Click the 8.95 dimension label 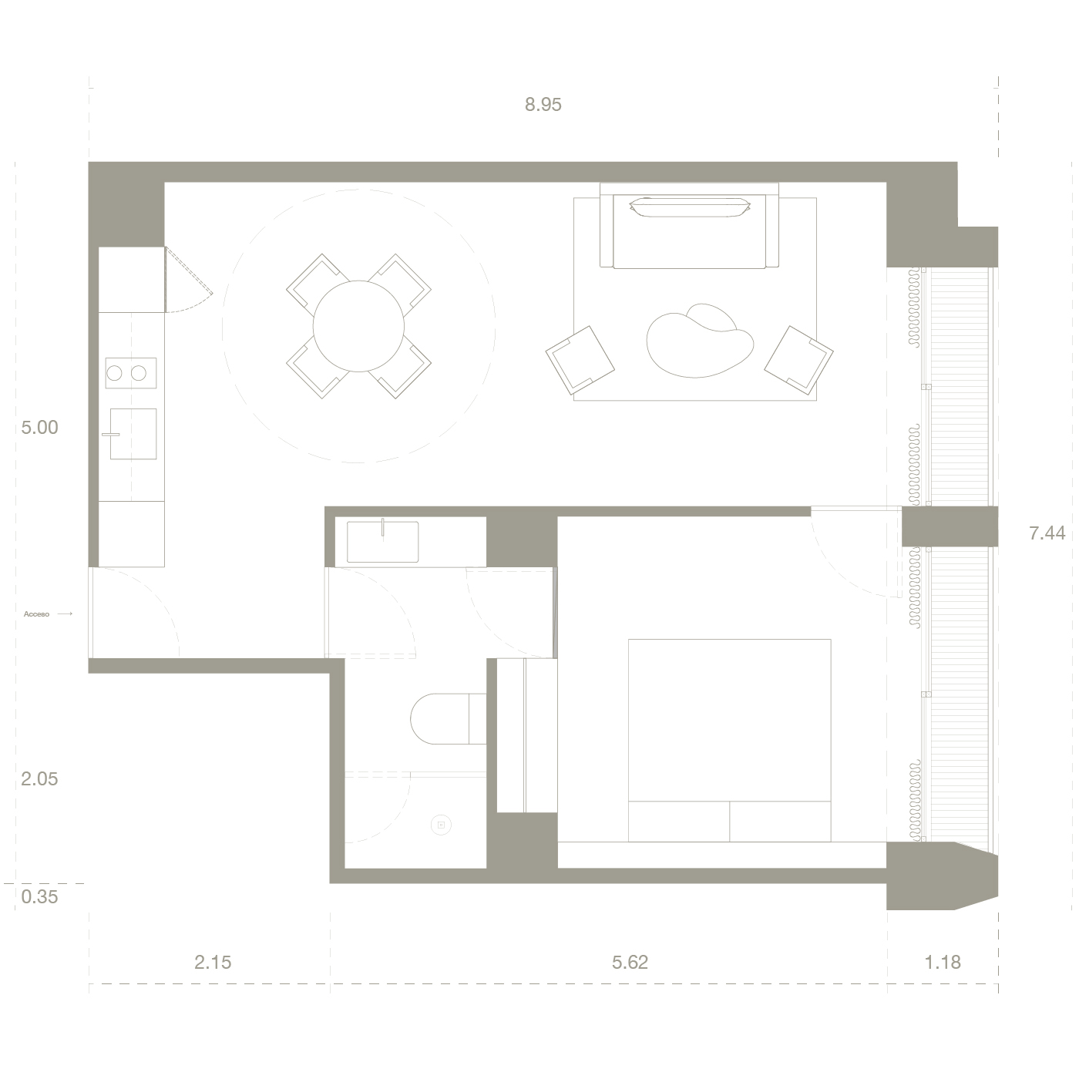543,105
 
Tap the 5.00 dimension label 39,428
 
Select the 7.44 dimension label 1047,533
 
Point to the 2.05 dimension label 39,779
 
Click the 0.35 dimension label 39,897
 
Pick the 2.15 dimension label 213,963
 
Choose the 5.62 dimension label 630,963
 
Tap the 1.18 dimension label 943,963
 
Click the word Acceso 36,614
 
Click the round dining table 358,326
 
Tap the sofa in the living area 689,227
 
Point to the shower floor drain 442,825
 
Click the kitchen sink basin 133,434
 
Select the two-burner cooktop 130,373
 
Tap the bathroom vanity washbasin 382,542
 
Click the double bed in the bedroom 729,739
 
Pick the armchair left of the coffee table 580,360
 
